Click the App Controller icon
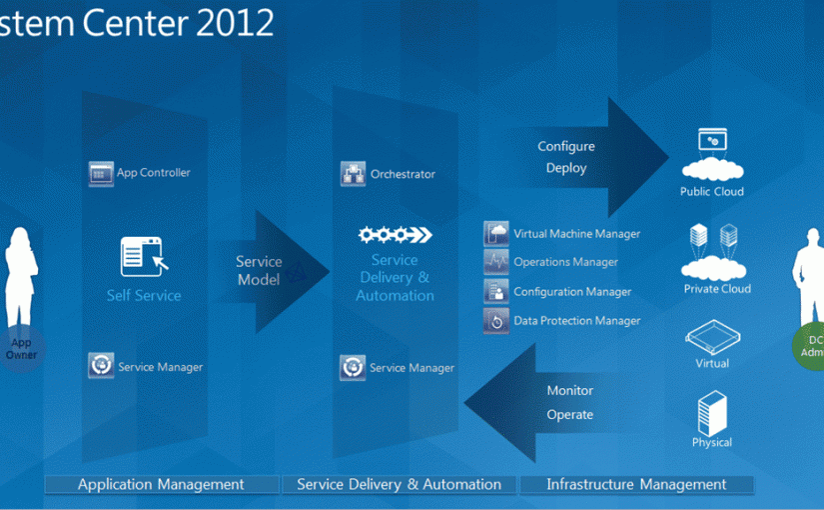[101, 173]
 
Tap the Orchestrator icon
[354, 174]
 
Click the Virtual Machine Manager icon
[496, 234]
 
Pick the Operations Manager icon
[496, 262]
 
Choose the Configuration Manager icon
[496, 291]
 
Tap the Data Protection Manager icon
[496, 320]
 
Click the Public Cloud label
[712, 192]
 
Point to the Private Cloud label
[717, 289]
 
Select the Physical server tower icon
[712, 413]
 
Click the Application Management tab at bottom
[161, 485]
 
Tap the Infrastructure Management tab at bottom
[636, 485]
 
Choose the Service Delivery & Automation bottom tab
[399, 485]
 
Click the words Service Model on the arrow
[259, 271]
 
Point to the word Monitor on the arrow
[569, 391]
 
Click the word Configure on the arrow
[566, 147]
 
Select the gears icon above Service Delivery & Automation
[395, 235]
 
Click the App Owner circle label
[21, 349]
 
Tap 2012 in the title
[238, 23]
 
